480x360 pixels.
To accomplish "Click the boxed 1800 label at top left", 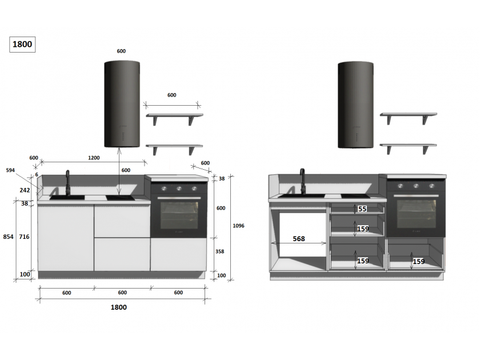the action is click(x=22, y=45).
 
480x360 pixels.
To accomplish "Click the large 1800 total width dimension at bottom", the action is click(x=119, y=307).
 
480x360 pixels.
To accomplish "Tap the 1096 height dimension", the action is click(x=238, y=226).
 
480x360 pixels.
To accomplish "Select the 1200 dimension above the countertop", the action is click(x=94, y=158).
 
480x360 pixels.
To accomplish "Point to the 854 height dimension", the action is click(x=8, y=237).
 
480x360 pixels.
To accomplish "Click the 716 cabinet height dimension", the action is click(x=24, y=237).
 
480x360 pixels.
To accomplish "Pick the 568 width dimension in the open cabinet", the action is click(x=299, y=239).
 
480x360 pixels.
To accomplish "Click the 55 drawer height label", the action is click(x=362, y=209).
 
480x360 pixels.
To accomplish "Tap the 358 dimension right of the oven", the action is click(x=220, y=251).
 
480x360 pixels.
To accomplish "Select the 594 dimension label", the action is click(x=10, y=170).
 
